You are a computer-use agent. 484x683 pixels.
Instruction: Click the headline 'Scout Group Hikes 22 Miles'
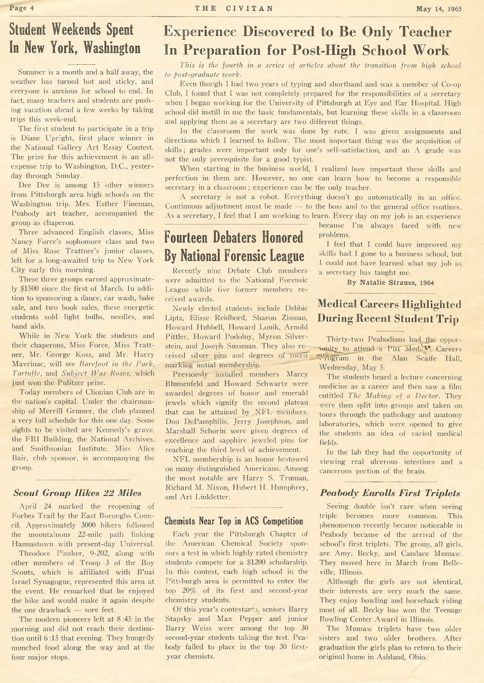tap(76, 493)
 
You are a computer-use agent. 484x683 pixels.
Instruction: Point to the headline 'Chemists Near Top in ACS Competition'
tap(234, 521)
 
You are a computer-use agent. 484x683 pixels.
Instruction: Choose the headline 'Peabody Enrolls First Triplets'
tap(390, 493)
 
